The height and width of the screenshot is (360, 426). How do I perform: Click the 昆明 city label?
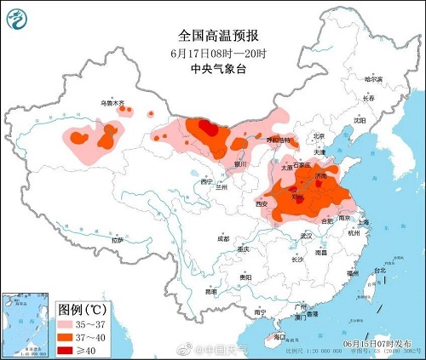point(210,291)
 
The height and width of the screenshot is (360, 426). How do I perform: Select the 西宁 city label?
point(205,182)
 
